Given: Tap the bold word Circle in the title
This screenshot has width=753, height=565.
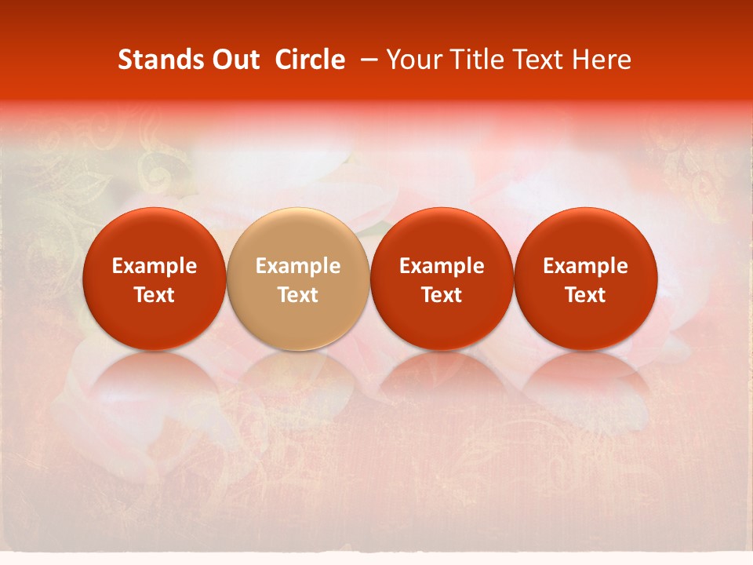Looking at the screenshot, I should tap(310, 60).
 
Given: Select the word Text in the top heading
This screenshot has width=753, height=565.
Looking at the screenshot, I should tap(540, 60).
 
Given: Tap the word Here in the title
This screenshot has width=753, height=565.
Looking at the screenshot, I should tap(601, 60).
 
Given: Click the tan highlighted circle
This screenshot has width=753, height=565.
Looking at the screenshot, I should tap(298, 279).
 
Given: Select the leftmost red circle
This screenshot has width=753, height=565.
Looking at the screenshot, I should tap(154, 279).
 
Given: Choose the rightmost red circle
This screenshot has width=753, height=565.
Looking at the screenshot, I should tap(585, 279).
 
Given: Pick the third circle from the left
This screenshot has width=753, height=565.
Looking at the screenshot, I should tap(442, 279).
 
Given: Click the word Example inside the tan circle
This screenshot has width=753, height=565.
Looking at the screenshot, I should tap(298, 266).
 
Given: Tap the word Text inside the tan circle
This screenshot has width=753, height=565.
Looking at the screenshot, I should tap(298, 295).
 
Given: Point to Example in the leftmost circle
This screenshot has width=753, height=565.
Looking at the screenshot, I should tap(154, 266).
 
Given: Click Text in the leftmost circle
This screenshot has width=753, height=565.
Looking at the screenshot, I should tap(154, 295).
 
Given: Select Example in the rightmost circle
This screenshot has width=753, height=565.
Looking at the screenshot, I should tap(585, 266).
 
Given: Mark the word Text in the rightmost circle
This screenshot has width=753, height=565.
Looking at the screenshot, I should tap(585, 295).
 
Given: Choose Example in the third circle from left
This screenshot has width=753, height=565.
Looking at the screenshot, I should tap(442, 266).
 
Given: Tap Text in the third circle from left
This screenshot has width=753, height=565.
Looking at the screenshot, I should tap(442, 295).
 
